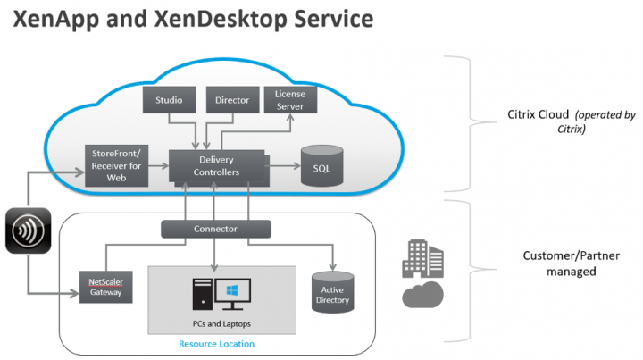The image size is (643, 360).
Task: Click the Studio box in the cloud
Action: tap(168, 101)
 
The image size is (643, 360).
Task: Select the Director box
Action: tap(232, 101)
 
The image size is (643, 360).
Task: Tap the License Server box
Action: tap(290, 100)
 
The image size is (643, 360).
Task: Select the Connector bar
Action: tap(216, 229)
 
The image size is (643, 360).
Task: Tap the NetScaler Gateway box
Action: tap(105, 288)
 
